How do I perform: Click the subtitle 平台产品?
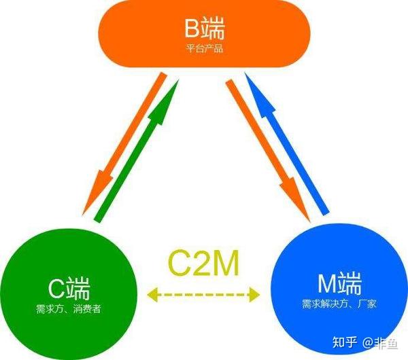coord(205,49)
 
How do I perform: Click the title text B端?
coord(205,29)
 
